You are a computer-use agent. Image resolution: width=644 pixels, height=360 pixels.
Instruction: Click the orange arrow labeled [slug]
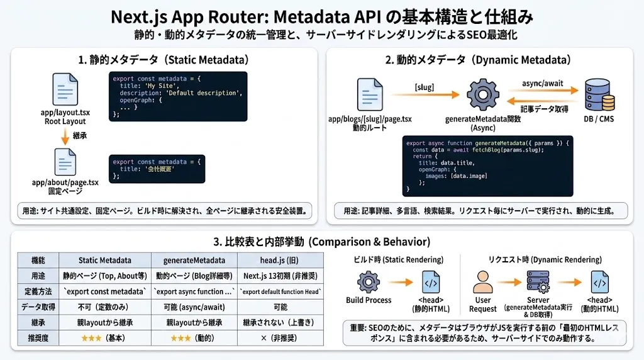[425, 94]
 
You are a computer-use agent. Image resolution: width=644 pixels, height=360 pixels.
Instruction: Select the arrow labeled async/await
[541, 91]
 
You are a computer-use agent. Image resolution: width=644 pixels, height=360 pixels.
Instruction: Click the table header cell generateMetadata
[194, 260]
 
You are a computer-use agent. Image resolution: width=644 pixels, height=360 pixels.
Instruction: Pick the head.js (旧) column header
[280, 260]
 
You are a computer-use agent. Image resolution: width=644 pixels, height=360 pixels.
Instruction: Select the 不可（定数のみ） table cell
[104, 307]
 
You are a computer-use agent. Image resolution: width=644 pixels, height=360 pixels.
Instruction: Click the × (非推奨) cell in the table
[280, 338]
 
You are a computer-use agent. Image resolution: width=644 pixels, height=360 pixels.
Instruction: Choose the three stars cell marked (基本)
[104, 338]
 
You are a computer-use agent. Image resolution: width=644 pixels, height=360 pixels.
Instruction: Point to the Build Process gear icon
[368, 282]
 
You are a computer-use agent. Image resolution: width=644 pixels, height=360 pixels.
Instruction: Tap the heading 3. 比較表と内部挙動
[321, 242]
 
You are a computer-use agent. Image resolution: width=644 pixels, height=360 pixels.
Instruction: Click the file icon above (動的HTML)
[599, 282]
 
